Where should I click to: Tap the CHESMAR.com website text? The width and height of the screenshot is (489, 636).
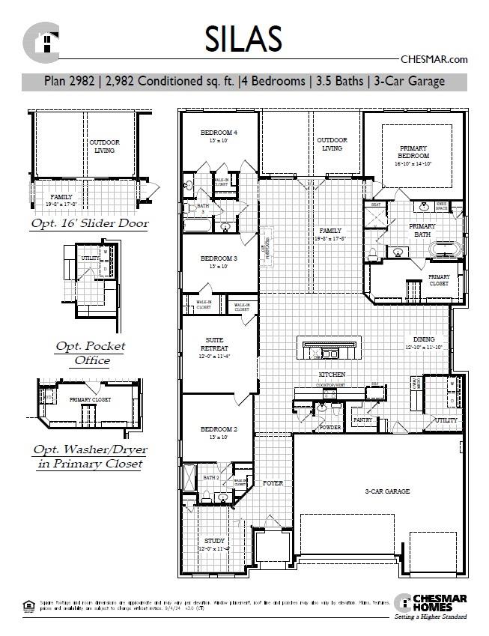(x=434, y=59)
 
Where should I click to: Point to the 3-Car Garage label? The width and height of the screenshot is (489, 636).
(x=386, y=491)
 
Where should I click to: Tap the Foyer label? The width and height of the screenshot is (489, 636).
(x=273, y=483)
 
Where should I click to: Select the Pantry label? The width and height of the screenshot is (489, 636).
(x=363, y=420)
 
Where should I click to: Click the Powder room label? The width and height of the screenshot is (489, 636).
(x=330, y=427)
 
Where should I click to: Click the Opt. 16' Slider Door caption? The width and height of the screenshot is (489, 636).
(x=89, y=223)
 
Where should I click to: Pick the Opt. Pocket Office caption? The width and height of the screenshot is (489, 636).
(x=90, y=353)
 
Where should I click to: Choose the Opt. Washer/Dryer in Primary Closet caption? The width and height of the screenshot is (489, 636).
(x=89, y=456)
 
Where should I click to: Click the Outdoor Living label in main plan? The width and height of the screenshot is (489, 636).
(x=332, y=144)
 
